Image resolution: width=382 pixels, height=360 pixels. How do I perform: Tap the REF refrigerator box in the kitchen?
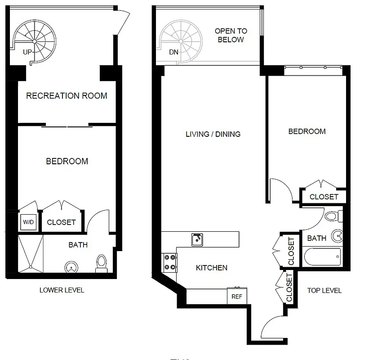[x=236, y=296]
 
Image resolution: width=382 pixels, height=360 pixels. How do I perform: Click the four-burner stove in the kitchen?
[x=169, y=263]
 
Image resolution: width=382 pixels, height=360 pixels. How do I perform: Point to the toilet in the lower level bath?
[x=102, y=264]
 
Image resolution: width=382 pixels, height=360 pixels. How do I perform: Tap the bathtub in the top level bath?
[x=322, y=257]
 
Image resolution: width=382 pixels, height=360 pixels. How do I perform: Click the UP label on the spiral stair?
[x=27, y=52]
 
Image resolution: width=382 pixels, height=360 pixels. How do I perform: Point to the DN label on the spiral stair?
[x=173, y=52]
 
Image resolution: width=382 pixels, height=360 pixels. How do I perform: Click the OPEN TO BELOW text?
[x=231, y=35]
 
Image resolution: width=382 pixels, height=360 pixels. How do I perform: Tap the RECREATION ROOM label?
[x=67, y=95]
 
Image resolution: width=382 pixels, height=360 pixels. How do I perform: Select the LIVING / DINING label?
[x=213, y=134]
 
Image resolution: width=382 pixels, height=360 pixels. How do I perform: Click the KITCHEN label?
[x=212, y=268]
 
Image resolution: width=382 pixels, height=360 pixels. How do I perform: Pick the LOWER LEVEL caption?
[x=62, y=290]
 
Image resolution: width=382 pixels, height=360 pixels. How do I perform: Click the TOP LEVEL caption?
[x=324, y=290]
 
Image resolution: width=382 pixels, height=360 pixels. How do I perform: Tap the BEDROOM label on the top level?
[x=307, y=131]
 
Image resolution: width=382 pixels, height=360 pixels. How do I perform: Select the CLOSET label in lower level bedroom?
[x=61, y=222]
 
